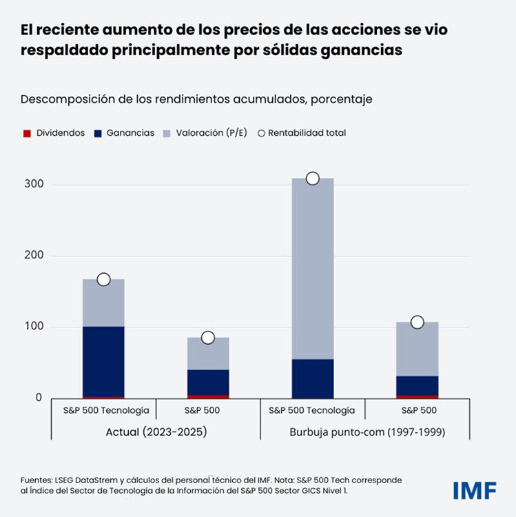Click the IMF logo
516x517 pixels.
[475, 489]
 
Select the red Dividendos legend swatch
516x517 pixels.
[27, 133]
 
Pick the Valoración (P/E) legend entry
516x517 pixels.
[200, 133]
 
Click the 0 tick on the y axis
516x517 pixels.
[39, 398]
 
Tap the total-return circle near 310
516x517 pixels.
[313, 179]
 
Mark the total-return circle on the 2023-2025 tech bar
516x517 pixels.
[104, 279]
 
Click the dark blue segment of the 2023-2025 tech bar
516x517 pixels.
[104, 362]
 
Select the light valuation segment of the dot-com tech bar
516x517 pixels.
[313, 269]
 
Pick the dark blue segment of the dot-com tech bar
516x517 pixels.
[313, 378]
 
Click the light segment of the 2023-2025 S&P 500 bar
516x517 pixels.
[208, 353]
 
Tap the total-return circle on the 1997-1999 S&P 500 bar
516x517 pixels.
[417, 322]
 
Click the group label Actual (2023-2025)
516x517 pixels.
[156, 432]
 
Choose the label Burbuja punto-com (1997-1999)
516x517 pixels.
[364, 432]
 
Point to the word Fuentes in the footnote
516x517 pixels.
[36, 479]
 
